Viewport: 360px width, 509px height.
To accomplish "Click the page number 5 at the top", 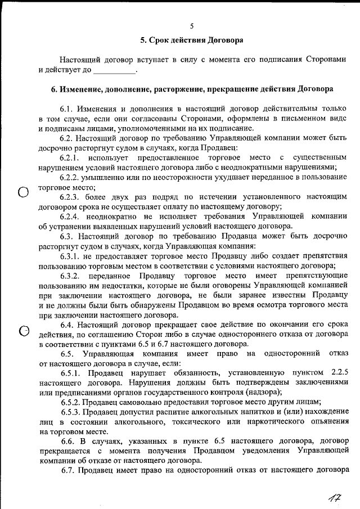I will (191, 26).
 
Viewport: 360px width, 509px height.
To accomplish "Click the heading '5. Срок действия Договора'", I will (191, 40).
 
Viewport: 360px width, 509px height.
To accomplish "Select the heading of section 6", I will (191, 89).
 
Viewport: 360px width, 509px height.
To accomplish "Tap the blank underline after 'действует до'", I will (115, 71).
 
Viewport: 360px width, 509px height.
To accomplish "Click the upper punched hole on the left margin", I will (23, 193).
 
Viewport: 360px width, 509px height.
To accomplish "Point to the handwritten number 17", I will (336, 496).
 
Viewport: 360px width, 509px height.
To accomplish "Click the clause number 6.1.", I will (67, 108).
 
